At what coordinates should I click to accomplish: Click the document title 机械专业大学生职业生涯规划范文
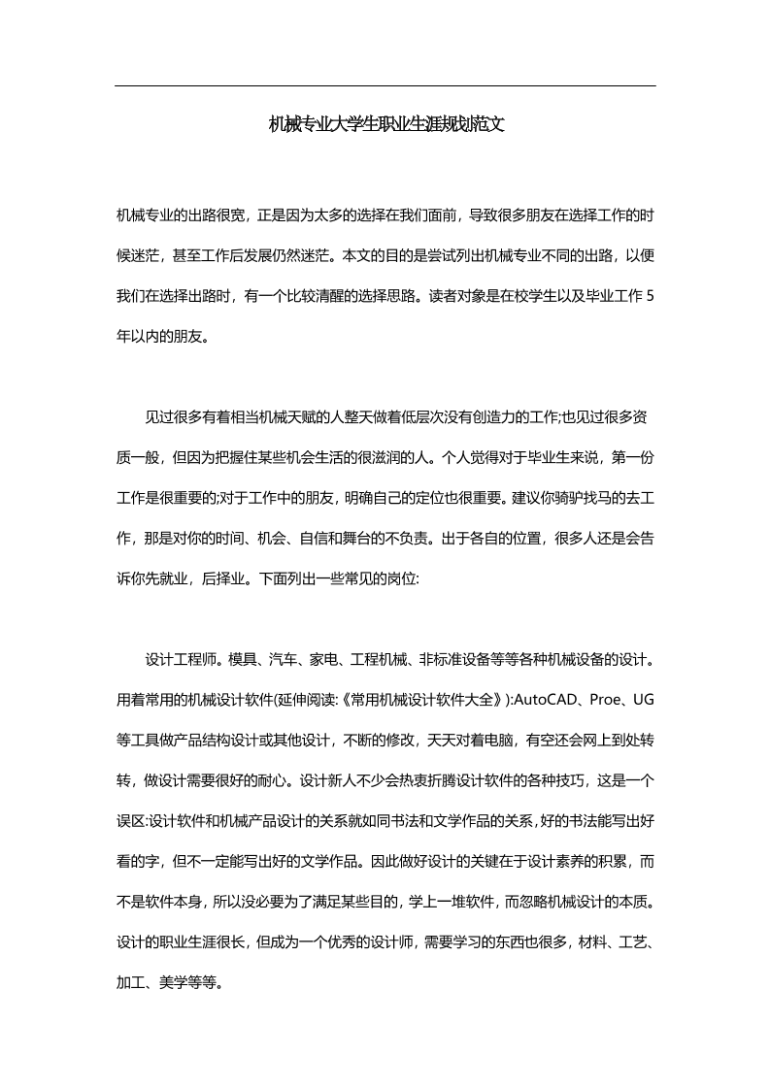click(385, 124)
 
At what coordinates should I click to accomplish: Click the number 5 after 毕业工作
click(651, 298)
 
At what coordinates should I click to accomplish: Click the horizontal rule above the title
click(385, 86)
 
